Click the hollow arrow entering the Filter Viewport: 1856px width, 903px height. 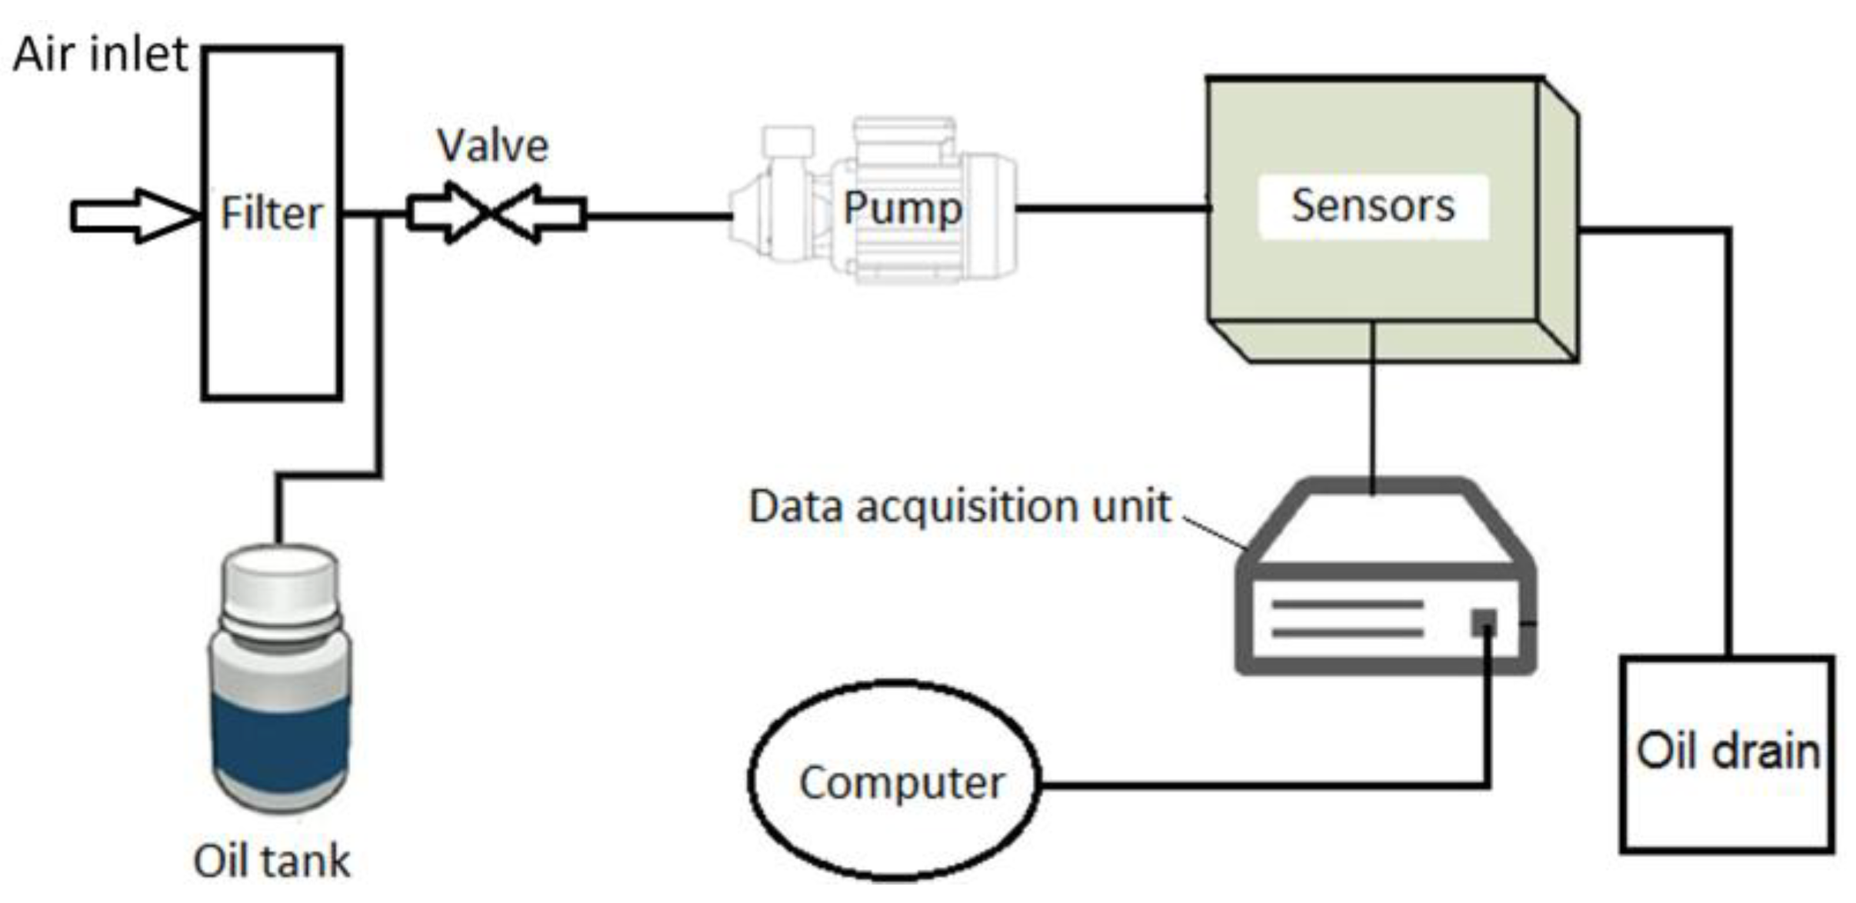(135, 215)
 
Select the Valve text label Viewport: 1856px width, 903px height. (493, 145)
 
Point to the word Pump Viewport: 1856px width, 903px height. (903, 208)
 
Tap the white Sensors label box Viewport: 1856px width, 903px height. (1374, 206)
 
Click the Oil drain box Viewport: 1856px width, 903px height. (1728, 754)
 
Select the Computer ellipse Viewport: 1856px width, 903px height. (895, 780)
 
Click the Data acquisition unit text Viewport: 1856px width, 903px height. (960, 507)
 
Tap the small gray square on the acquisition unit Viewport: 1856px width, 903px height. (1484, 621)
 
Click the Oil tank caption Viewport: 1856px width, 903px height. (272, 861)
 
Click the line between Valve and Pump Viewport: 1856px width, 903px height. (659, 216)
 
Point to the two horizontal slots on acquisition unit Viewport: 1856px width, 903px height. (1348, 618)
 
